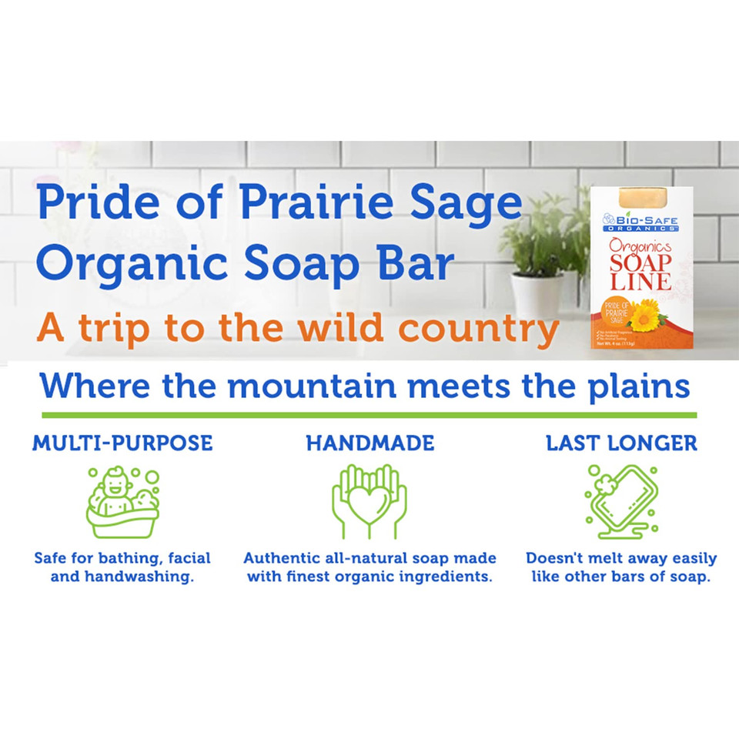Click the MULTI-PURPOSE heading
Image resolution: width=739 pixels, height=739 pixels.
coord(122,443)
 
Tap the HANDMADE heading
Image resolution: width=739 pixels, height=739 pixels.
coord(369,443)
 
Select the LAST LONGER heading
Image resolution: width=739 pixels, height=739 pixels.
coord(621,443)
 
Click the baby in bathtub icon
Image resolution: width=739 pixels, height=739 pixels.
coord(123,502)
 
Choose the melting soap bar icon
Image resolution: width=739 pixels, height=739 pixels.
coord(621,500)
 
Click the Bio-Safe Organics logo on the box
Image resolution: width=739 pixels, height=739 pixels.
coord(640,221)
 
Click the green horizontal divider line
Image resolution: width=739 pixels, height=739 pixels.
coord(369,415)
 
